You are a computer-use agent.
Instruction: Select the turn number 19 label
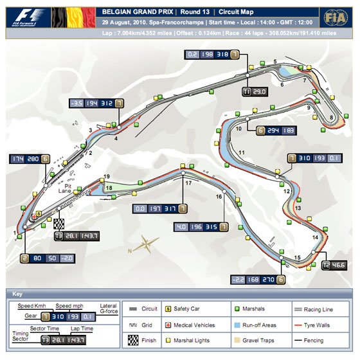tap(107, 177)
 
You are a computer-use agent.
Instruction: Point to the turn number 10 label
tap(239, 129)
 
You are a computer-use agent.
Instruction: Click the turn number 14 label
tap(315, 238)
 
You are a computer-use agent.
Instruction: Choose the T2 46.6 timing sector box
tap(335, 264)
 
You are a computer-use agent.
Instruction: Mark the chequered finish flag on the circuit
tap(59, 223)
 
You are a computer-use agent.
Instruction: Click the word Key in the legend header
tap(17, 293)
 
